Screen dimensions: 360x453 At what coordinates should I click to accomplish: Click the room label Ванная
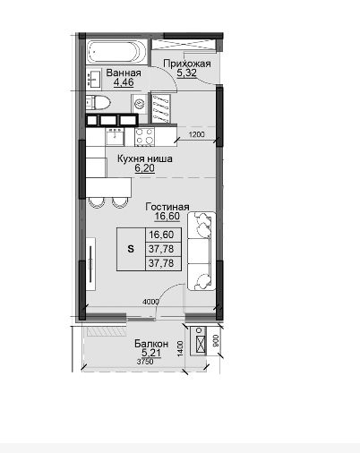click(124, 73)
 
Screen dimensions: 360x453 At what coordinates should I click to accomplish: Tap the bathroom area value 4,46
click(124, 82)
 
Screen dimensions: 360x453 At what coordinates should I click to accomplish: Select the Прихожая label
click(187, 64)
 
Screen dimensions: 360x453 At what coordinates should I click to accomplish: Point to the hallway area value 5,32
click(186, 73)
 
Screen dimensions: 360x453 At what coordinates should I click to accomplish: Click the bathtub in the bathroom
click(117, 52)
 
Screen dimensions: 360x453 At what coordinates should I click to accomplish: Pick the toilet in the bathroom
click(99, 102)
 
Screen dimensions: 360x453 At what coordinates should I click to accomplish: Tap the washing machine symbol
click(139, 104)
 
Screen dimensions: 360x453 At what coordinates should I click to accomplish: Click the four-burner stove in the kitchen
click(145, 137)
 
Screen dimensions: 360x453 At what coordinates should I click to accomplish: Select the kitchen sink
click(115, 137)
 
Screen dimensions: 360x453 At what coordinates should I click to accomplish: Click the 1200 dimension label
click(197, 134)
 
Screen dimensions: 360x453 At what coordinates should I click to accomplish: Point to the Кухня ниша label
click(145, 158)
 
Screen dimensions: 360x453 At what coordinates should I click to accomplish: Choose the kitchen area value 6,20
click(145, 168)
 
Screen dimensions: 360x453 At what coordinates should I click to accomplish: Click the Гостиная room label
click(167, 207)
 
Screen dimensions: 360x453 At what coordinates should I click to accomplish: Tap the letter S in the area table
click(131, 249)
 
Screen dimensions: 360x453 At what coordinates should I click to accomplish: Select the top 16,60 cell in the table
click(161, 235)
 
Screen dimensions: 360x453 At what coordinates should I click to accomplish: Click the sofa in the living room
click(201, 251)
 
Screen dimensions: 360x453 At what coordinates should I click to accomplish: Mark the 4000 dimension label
click(150, 302)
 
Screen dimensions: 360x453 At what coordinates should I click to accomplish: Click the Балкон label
click(151, 344)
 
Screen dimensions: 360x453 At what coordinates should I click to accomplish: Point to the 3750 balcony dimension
click(145, 362)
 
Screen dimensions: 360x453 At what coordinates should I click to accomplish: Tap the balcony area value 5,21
click(151, 353)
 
